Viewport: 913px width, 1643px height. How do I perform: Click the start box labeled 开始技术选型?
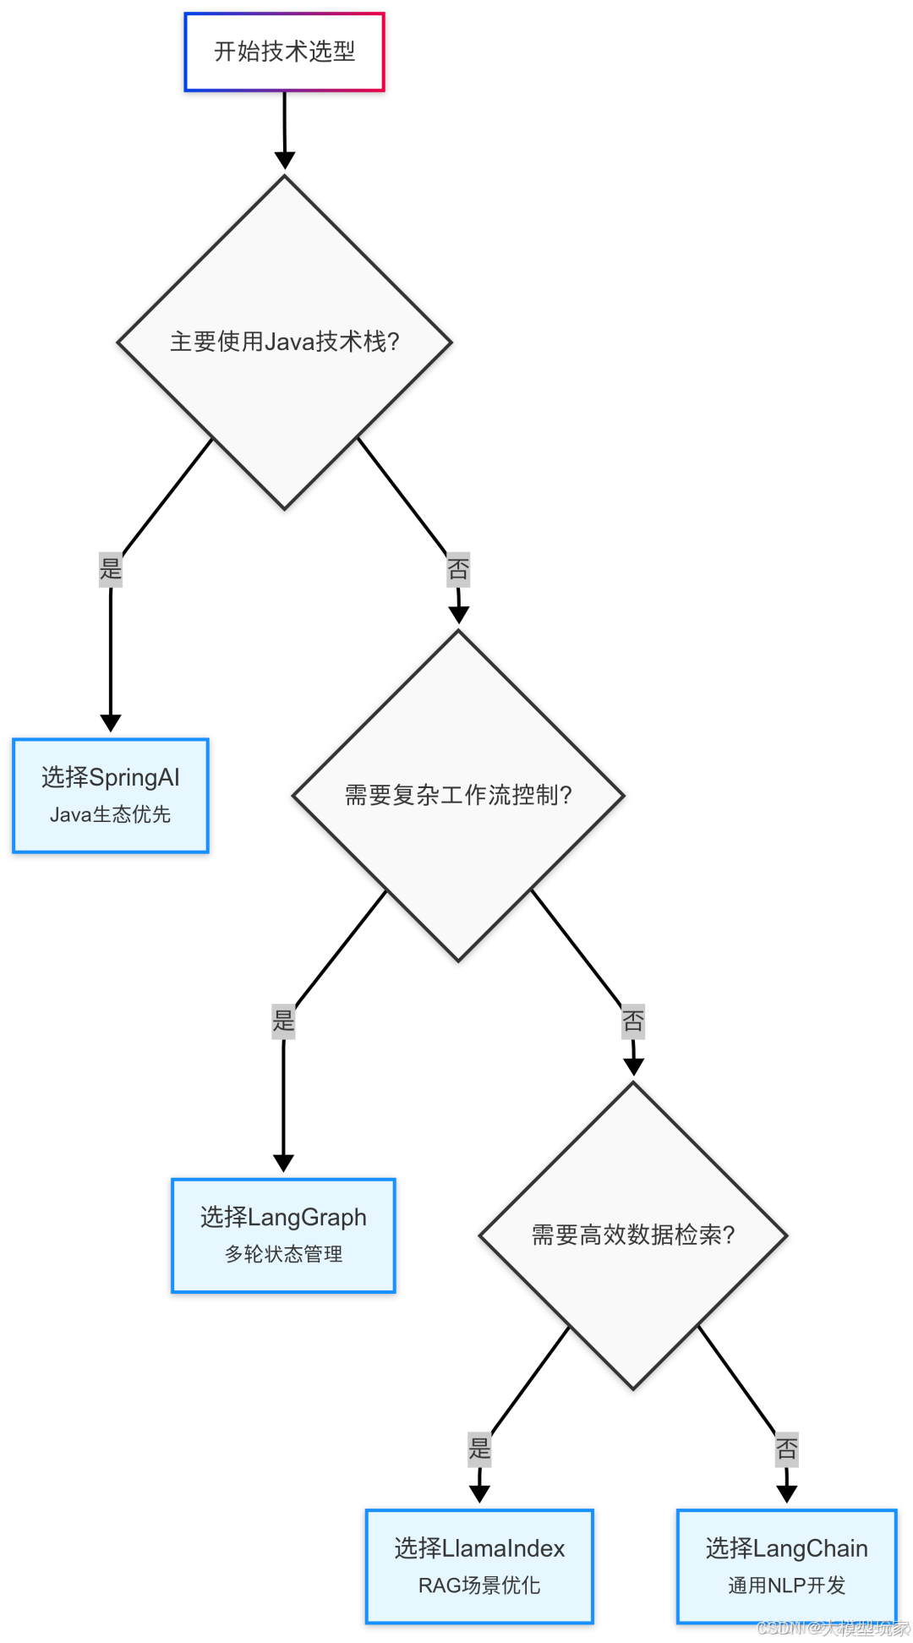pos(284,52)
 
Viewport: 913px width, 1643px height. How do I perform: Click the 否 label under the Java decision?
pos(458,569)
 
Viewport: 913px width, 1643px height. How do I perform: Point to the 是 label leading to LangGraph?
pos(283,1021)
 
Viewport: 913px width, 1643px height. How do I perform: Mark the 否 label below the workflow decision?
pos(632,1021)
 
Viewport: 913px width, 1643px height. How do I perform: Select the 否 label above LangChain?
pos(786,1449)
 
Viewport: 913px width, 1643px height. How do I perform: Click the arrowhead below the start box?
pos(285,160)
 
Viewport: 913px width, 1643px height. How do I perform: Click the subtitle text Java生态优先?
pos(111,814)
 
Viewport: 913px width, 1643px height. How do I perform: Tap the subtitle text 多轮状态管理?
pos(283,1254)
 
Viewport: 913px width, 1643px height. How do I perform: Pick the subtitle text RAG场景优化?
pos(479,1585)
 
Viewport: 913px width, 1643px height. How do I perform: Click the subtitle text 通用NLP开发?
pos(786,1585)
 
